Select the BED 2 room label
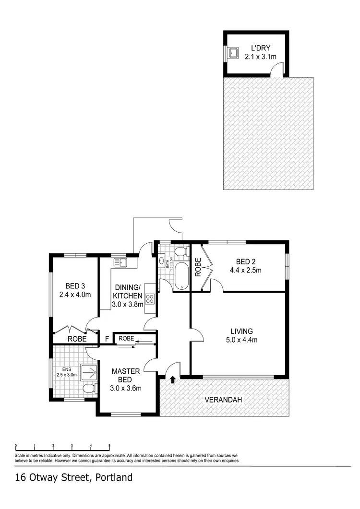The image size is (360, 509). pos(245,261)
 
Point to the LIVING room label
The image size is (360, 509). pos(241,331)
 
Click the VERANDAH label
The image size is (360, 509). pos(223,400)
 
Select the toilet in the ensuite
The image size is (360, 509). pos(88,388)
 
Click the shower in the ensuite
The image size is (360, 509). pos(89,372)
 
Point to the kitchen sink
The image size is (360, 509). pos(120,262)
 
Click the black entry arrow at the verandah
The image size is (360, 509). pos(171,380)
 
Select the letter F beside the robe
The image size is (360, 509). pos(107,338)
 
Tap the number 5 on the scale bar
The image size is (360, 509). pos(109,445)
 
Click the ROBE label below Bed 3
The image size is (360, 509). pos(77,338)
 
